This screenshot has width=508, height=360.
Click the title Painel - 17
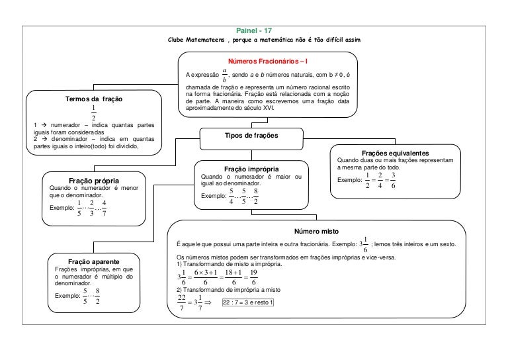pyautogui.click(x=254, y=31)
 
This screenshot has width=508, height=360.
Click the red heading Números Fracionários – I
pyautogui.click(x=271, y=61)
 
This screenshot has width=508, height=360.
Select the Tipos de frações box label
pyautogui.click(x=251, y=135)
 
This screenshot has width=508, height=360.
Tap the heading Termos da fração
pyautogui.click(x=93, y=99)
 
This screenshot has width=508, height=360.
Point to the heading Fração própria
pyautogui.click(x=93, y=180)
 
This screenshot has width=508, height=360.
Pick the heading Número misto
pyautogui.click(x=320, y=232)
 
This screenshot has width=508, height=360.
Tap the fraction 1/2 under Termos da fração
pyautogui.click(x=93, y=112)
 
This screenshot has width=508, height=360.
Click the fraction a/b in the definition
pyautogui.click(x=225, y=75)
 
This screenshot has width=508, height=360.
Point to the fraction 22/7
pyautogui.click(x=183, y=302)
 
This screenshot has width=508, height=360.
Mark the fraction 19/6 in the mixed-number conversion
pyautogui.click(x=253, y=277)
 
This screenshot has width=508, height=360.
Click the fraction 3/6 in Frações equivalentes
pyautogui.click(x=393, y=180)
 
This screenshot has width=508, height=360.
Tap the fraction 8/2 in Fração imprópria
pyautogui.click(x=255, y=197)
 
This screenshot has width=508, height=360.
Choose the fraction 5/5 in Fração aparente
pyautogui.click(x=85, y=296)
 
